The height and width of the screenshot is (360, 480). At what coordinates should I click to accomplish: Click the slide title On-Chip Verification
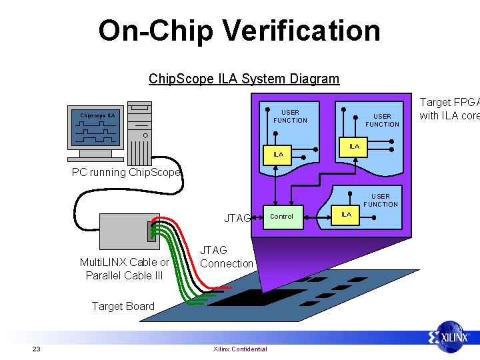[x=239, y=31]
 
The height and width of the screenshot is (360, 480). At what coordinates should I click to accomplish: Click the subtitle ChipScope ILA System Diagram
[x=243, y=79]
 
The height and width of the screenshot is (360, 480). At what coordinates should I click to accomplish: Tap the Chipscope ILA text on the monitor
[x=97, y=115]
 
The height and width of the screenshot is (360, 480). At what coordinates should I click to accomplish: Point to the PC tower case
[x=140, y=133]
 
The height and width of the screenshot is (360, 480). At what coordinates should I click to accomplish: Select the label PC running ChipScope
[x=126, y=172]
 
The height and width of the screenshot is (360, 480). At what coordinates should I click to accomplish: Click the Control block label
[x=281, y=216]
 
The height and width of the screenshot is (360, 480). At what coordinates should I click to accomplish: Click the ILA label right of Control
[x=346, y=214]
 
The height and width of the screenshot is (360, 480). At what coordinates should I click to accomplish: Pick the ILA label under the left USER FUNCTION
[x=278, y=154]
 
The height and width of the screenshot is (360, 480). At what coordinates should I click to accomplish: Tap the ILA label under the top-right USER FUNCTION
[x=354, y=146]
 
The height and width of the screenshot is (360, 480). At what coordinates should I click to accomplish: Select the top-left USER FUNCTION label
[x=290, y=116]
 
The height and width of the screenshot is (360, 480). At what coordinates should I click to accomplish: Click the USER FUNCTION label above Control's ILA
[x=381, y=200]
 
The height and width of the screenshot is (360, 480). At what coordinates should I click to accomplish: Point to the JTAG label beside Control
[x=237, y=218]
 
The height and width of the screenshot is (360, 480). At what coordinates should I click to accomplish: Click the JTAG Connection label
[x=227, y=257]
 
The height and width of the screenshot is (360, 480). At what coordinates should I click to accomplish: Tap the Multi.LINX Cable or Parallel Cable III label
[x=124, y=269]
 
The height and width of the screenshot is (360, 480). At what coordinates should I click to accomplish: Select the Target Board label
[x=123, y=306]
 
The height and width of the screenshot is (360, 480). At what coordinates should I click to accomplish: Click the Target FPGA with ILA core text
[x=449, y=109]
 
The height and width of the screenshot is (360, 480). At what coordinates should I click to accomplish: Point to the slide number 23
[x=37, y=349]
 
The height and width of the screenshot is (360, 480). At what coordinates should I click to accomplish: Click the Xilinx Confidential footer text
[x=239, y=349]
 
